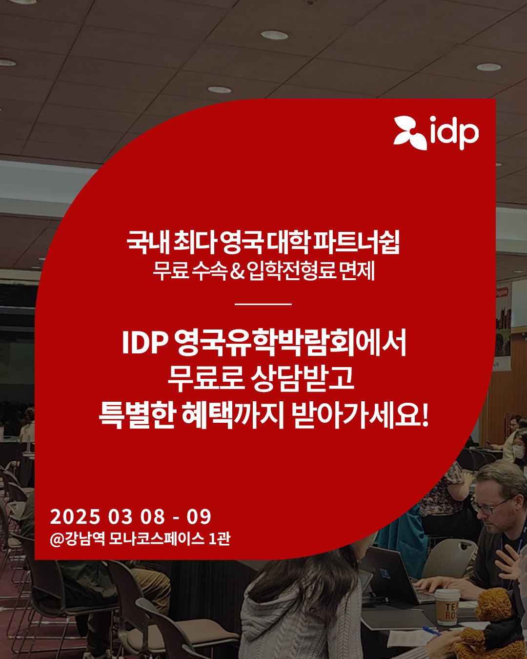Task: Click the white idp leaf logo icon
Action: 410,133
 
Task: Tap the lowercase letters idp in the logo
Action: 454,133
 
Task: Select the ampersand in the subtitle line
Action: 238,271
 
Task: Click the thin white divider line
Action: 263,304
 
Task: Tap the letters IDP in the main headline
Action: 145,342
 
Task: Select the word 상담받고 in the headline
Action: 302,378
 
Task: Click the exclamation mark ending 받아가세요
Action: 425,415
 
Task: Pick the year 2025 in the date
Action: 75,516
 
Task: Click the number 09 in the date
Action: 199,516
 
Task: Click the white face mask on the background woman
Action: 518,452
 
